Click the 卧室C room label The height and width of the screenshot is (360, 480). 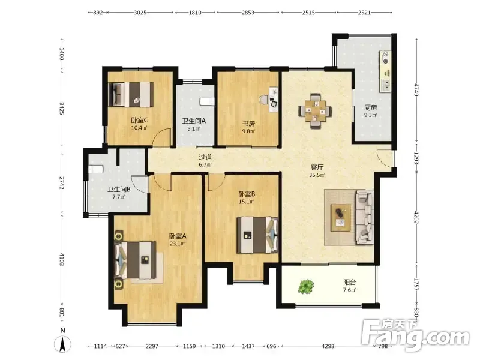(x=139, y=121)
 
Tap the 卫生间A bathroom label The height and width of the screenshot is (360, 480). (x=194, y=121)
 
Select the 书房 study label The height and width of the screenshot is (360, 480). (x=248, y=124)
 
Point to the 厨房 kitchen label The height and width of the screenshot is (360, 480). (x=370, y=107)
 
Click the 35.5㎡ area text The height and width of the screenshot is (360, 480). (x=317, y=175)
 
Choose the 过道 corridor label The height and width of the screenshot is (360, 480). (x=205, y=157)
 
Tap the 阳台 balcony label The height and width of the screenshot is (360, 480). (x=349, y=282)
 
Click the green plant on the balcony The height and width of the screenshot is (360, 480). (x=306, y=287)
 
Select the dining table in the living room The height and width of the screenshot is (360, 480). (x=315, y=110)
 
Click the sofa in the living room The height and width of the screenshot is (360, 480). (x=365, y=217)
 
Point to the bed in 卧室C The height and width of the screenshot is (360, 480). (x=131, y=94)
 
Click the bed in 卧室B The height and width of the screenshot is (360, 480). (x=257, y=235)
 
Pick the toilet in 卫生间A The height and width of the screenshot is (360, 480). (x=207, y=101)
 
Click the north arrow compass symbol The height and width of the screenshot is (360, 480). (x=62, y=343)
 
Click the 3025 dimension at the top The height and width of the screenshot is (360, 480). (x=140, y=13)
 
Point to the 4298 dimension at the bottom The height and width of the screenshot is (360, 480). (x=328, y=346)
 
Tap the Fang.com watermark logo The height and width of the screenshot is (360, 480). (x=415, y=335)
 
